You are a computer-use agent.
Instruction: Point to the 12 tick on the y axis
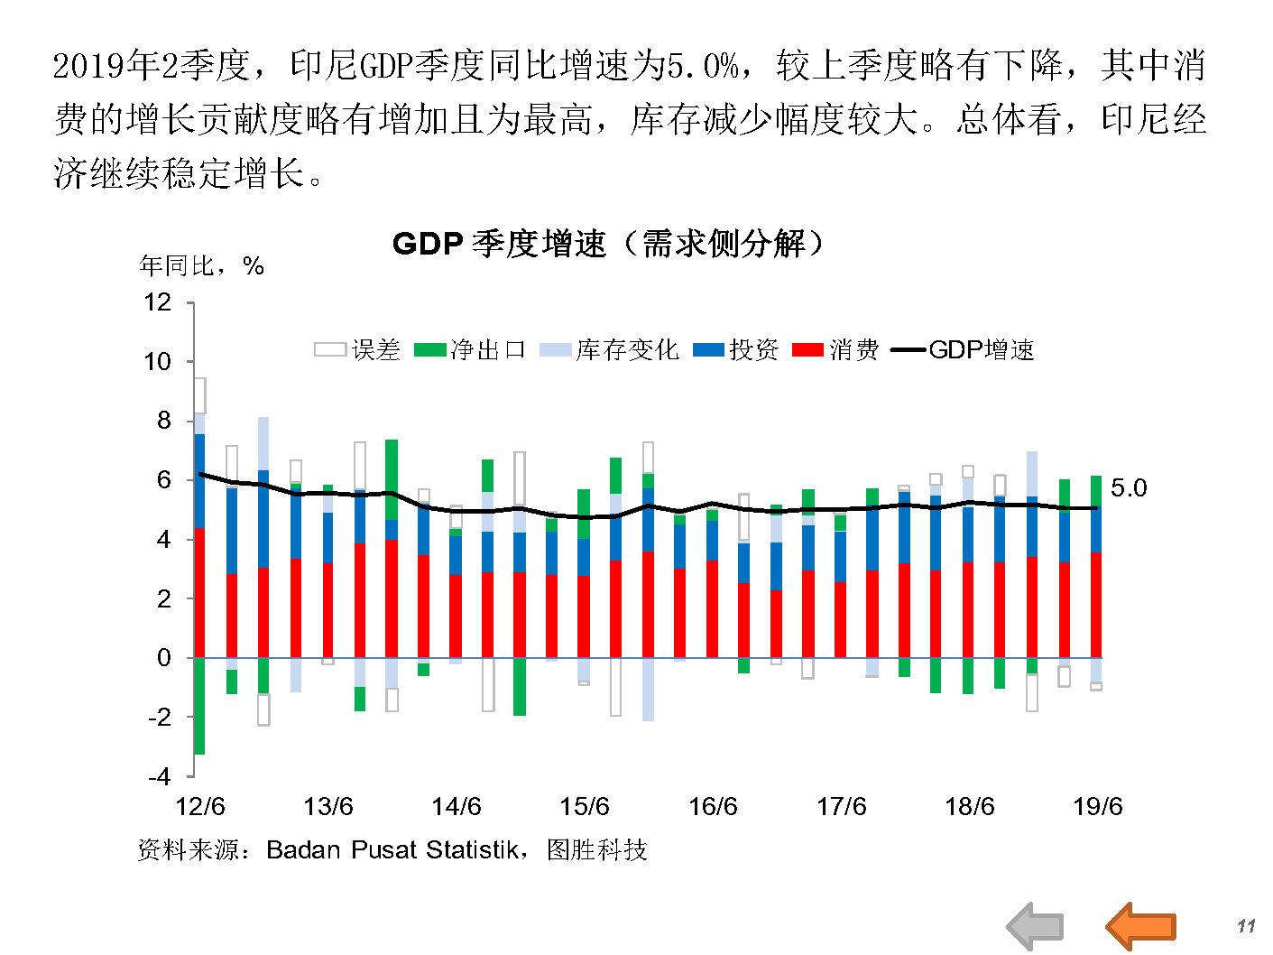[x=158, y=302]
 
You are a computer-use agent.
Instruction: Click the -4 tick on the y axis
[x=159, y=776]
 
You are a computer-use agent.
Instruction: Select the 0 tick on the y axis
[x=163, y=658]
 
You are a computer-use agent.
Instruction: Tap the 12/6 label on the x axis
[x=199, y=807]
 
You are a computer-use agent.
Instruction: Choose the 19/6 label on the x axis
[x=1097, y=807]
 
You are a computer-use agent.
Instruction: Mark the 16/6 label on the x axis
[x=713, y=807]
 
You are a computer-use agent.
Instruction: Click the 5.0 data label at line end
[x=1128, y=488]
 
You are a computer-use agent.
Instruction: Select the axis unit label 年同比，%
[x=201, y=266]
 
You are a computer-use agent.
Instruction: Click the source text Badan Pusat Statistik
[x=392, y=850]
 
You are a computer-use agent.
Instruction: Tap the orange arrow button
[x=1141, y=925]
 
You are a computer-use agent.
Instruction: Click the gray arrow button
[x=1036, y=925]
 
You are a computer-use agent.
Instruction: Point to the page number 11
[x=1246, y=926]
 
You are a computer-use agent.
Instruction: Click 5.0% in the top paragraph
[x=703, y=66]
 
